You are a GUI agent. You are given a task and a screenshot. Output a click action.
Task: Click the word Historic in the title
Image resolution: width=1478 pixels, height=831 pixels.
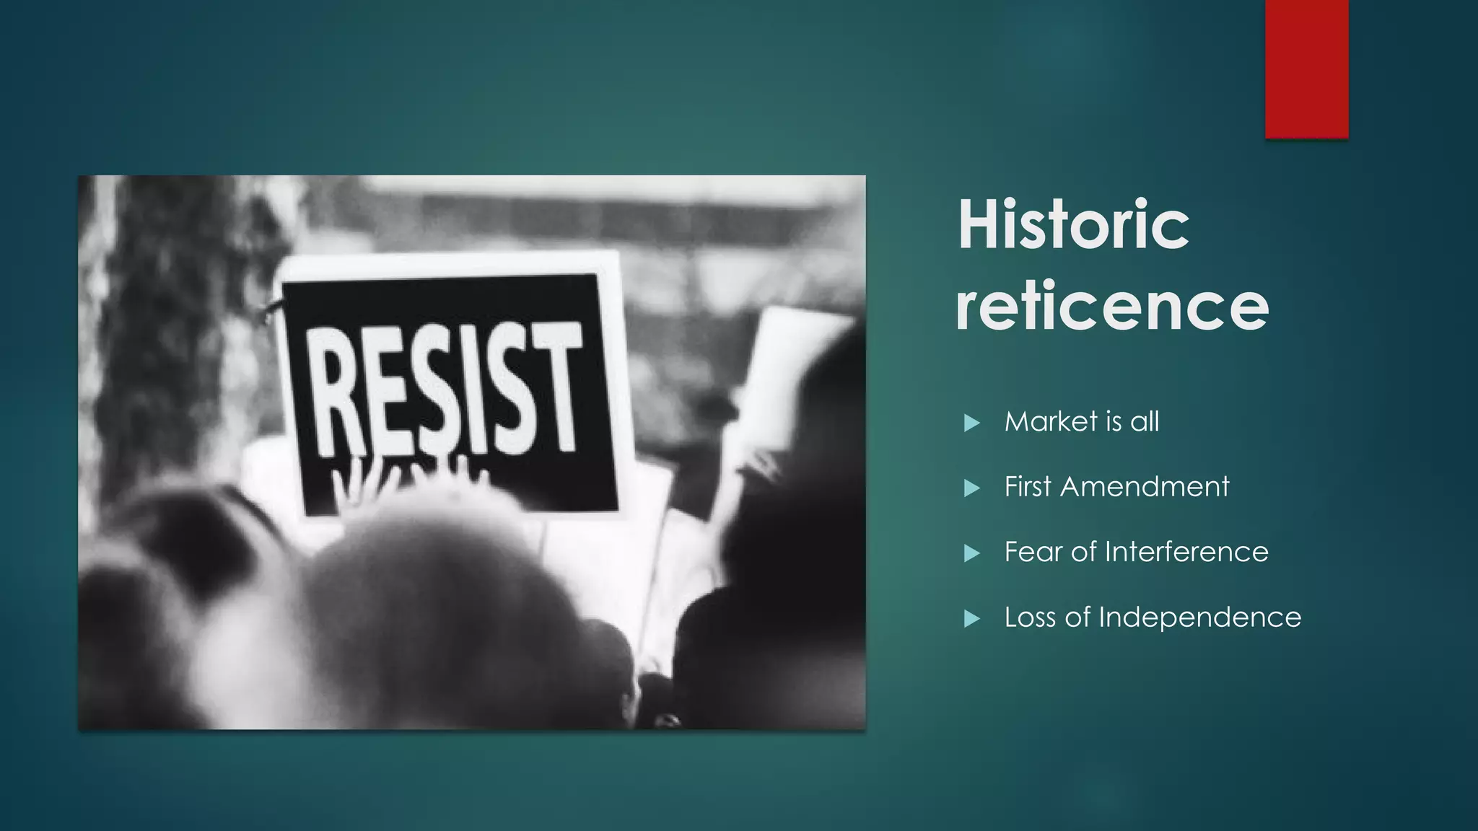pyautogui.click(x=1073, y=225)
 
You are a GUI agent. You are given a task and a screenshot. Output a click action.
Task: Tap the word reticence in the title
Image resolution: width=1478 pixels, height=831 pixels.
pyautogui.click(x=1111, y=307)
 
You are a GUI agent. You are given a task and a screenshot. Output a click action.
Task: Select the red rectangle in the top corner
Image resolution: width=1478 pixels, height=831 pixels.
pyautogui.click(x=1306, y=69)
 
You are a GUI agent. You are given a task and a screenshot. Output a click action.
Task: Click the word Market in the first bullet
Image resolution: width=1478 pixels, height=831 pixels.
pyautogui.click(x=1051, y=422)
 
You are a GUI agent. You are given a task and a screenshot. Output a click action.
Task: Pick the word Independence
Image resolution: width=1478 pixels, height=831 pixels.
pyautogui.click(x=1199, y=617)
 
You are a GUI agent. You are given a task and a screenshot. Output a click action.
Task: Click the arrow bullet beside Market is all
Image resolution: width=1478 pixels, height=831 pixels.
pyautogui.click(x=972, y=423)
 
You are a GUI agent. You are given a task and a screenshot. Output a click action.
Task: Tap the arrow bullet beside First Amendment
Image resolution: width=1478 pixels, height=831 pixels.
pyautogui.click(x=972, y=488)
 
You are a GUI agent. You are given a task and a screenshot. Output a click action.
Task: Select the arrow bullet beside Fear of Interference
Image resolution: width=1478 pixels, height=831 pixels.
pyautogui.click(x=972, y=553)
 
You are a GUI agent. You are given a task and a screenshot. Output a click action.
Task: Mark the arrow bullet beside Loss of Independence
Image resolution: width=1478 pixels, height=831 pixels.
pyautogui.click(x=972, y=619)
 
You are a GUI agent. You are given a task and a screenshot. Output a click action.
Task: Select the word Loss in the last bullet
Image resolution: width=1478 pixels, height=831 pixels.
pyautogui.click(x=1031, y=617)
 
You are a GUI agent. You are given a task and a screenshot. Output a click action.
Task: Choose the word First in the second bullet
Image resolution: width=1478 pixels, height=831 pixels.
pyautogui.click(x=1028, y=487)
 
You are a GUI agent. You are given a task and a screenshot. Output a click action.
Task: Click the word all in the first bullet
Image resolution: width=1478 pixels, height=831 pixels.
pyautogui.click(x=1145, y=422)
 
